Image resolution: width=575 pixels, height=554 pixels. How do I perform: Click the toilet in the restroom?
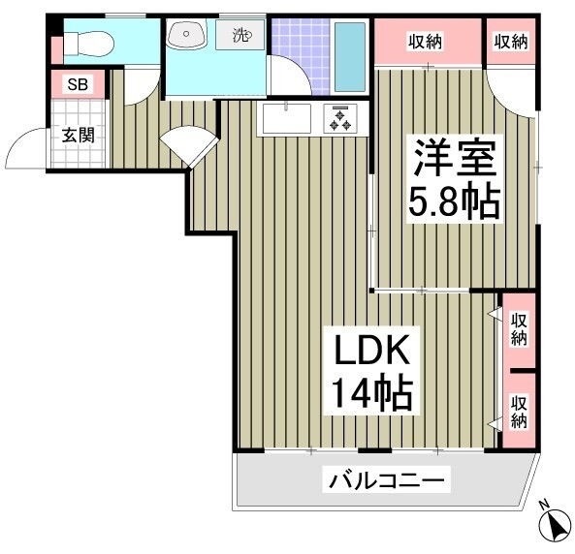pyautogui.click(x=88, y=44)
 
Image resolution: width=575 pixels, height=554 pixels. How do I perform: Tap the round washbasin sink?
pyautogui.click(x=185, y=34)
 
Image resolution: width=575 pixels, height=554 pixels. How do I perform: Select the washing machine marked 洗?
pyautogui.click(x=240, y=35)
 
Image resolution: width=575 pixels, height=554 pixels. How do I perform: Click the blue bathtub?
pyautogui.click(x=350, y=57)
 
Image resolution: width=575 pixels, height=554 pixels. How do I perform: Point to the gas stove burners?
pyautogui.click(x=340, y=118)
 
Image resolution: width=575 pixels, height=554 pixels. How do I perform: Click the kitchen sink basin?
pyautogui.click(x=287, y=118)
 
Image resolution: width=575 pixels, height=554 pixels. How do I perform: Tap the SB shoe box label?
pyautogui.click(x=79, y=84)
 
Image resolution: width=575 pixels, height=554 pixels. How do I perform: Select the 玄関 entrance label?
pyautogui.click(x=79, y=136)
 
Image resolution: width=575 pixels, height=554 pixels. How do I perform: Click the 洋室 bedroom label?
pyautogui.click(x=455, y=158)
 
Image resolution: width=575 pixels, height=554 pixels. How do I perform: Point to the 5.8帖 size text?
pyautogui.click(x=454, y=201)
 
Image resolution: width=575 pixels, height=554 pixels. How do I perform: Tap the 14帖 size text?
pyautogui.click(x=371, y=391)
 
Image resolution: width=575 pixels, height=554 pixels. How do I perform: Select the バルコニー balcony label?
pyautogui.click(x=386, y=479)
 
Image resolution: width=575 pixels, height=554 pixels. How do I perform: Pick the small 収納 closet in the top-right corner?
pyautogui.click(x=511, y=42)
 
